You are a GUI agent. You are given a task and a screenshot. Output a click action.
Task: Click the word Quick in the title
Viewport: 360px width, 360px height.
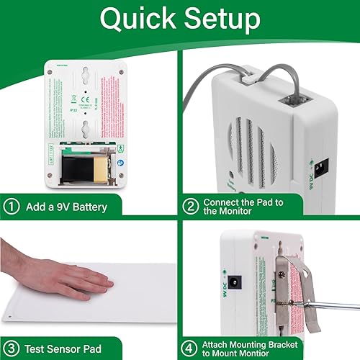[135, 19]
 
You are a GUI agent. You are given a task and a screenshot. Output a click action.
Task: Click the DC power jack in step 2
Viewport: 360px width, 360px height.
[323, 167]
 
